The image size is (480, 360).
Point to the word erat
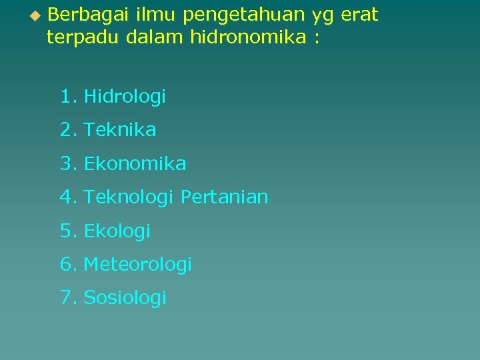click(359, 15)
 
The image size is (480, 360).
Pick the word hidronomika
click(248, 37)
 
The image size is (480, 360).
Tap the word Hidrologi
click(125, 97)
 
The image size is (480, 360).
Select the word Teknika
click(120, 130)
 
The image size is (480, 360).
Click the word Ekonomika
click(135, 163)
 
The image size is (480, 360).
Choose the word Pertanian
click(225, 197)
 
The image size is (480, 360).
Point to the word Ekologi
click(117, 231)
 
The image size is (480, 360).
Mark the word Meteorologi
click(137, 265)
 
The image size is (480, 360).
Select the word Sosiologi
click(125, 298)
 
